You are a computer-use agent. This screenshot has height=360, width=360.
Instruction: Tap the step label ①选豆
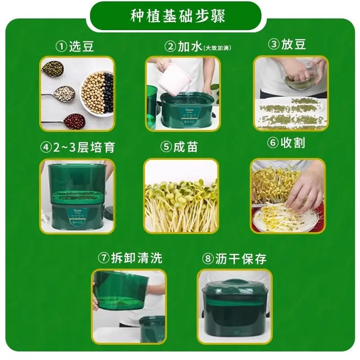75,46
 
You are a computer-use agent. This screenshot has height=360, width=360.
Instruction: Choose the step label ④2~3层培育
77,147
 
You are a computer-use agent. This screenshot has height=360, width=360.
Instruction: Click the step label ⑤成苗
179,147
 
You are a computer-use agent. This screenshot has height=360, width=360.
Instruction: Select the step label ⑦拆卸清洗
130,258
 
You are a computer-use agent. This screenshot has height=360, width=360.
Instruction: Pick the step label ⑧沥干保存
234,259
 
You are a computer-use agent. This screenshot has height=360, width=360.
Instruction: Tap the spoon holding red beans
72,120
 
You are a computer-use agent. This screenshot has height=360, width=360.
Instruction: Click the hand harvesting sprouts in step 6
306,189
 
